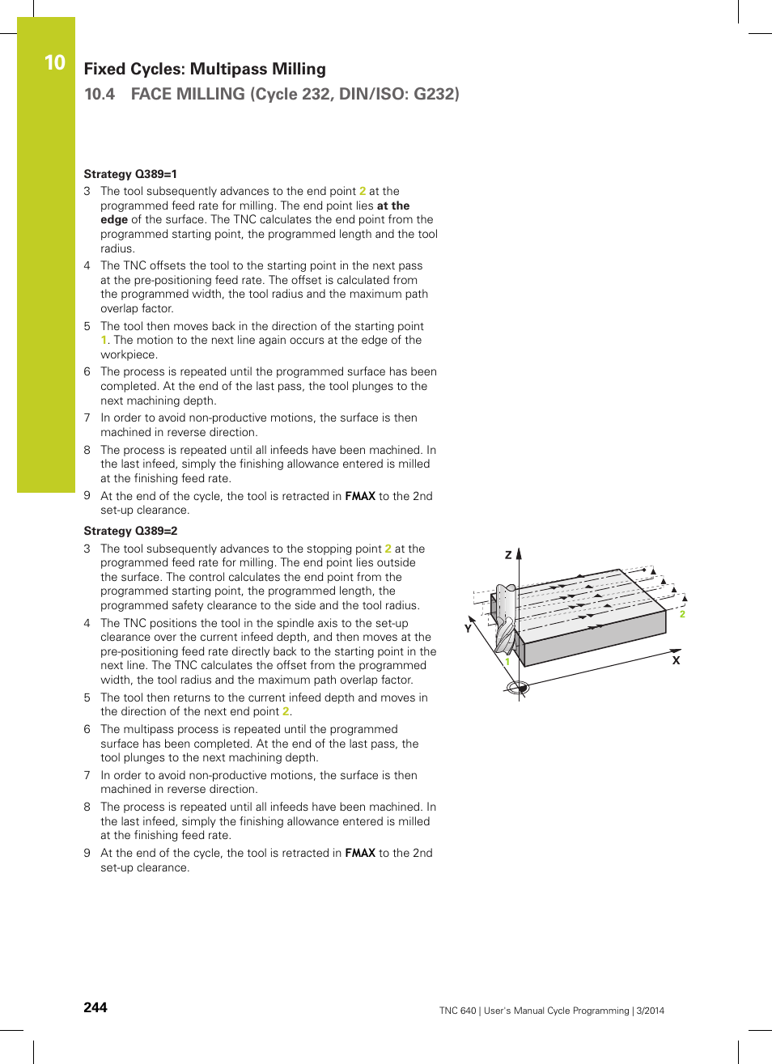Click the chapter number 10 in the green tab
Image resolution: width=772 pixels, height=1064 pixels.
54,62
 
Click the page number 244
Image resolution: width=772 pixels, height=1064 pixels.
95,1007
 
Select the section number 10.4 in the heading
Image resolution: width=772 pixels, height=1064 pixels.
100,94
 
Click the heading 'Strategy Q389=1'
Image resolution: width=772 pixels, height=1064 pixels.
130,174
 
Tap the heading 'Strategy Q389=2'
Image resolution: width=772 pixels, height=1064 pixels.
130,531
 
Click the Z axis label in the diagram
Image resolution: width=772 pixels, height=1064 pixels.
508,555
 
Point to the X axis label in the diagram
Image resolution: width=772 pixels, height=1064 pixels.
676,660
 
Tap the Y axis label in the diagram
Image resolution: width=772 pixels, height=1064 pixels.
468,628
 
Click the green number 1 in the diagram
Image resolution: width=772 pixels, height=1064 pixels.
507,662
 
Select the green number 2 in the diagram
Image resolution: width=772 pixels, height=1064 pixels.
682,614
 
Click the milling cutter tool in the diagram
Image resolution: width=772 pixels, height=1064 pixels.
505,618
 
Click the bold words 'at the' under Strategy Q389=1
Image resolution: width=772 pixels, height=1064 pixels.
393,206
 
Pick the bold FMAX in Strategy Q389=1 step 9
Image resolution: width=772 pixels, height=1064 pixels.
360,496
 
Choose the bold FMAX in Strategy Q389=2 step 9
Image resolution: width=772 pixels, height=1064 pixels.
360,853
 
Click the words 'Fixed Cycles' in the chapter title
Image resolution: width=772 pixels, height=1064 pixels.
129,69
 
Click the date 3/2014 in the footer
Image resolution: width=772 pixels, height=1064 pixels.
650,1011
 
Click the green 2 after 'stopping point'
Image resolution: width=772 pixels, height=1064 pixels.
388,549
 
